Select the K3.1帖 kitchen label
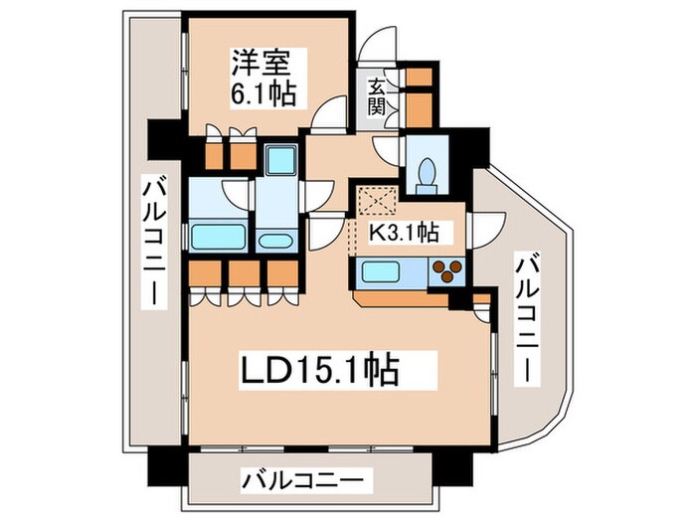(x=406, y=233)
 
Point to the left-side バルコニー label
(x=154, y=243)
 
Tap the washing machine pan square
(x=280, y=160)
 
